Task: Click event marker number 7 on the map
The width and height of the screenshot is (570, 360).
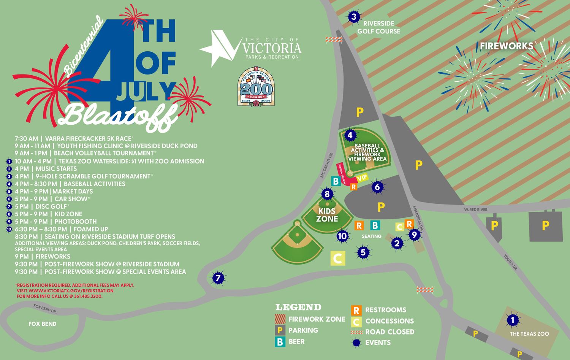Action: pos(218,278)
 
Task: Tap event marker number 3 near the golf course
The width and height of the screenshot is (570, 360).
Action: pos(354,17)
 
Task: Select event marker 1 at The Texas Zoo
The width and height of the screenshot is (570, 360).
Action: pos(513,320)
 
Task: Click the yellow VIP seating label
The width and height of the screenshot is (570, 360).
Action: pos(363,178)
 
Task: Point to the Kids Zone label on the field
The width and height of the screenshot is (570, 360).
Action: pos(327,215)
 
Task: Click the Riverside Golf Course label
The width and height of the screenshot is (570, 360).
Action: pos(378,27)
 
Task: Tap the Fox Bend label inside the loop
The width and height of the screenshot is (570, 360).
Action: pos(43,324)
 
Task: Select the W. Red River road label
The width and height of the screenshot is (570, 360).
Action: pos(475,209)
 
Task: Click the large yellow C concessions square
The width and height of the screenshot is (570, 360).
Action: pos(337,259)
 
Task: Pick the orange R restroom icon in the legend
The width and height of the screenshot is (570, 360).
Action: pos(356,310)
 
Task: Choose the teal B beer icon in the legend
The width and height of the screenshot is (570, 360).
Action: pos(280,342)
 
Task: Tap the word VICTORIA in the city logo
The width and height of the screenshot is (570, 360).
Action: pos(272,48)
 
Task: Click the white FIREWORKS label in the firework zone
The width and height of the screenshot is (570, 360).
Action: pos(506,46)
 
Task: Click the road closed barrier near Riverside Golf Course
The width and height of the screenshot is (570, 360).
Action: pos(334,39)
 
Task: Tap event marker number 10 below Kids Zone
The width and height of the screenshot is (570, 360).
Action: pos(342,236)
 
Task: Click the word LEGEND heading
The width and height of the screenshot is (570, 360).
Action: pos(298,307)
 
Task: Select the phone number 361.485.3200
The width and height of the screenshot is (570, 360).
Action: pos(88,296)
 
